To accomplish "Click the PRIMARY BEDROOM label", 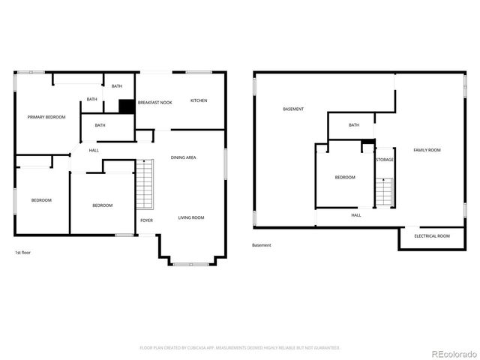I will coord(46,117).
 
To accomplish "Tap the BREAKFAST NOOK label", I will coord(154,101).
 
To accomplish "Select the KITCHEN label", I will coord(199,100).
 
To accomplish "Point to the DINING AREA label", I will coord(184,157).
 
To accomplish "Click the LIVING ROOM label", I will coord(191,217).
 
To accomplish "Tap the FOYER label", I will coord(147,220).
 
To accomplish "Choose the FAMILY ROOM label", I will coord(427,150).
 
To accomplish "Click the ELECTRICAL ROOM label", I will coord(433,236).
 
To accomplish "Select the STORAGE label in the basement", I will coord(385,160).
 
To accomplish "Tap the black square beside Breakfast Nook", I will coord(127,106).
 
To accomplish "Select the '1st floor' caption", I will coord(23,253).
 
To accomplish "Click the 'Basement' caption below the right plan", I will coord(262,245).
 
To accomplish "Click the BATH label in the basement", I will coord(353,125).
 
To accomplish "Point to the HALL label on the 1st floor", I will coord(94,151).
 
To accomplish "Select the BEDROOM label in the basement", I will coord(345,177).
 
